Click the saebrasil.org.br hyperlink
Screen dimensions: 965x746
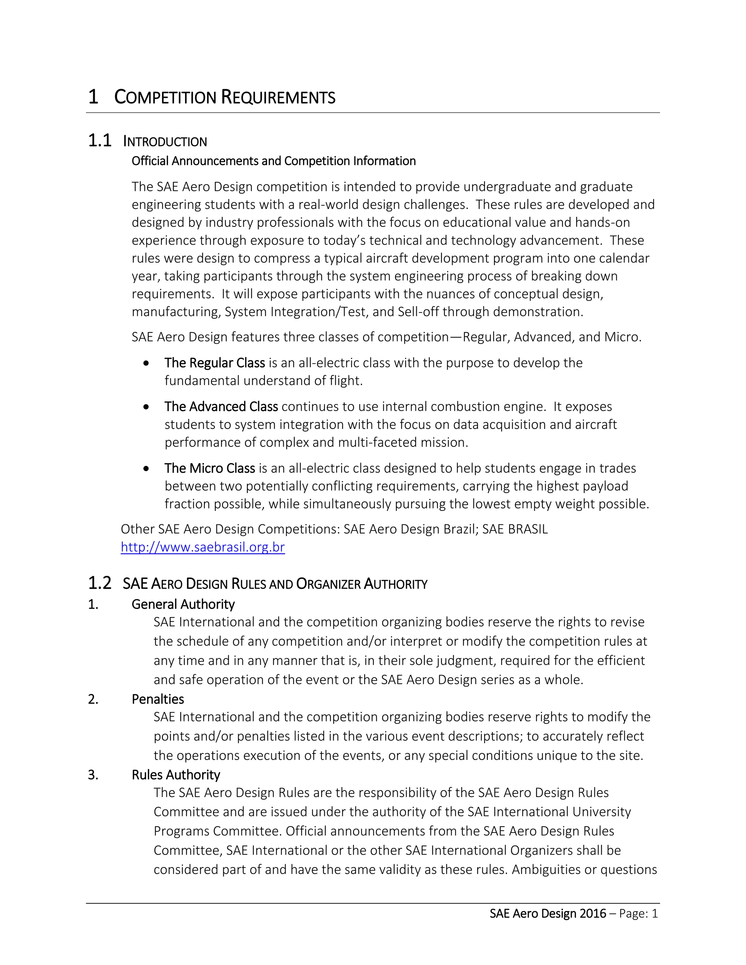pyautogui.click(x=203, y=547)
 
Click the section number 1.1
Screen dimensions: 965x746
pyautogui.click(x=99, y=141)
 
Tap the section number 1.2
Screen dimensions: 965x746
pyautogui.click(x=99, y=583)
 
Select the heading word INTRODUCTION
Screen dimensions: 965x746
pyautogui.click(x=165, y=142)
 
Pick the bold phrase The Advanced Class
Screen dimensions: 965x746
pyautogui.click(x=221, y=406)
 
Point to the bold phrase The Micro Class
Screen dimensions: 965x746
pyautogui.click(x=209, y=468)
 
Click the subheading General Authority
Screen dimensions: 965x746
pyautogui.click(x=183, y=604)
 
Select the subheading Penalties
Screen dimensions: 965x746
pyautogui.click(x=158, y=699)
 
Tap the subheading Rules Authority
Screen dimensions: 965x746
pyautogui.click(x=176, y=775)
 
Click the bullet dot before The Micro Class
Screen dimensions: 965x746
pyautogui.click(x=146, y=469)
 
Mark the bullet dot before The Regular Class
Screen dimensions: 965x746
pyautogui.click(x=146, y=363)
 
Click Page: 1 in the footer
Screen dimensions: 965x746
pyautogui.click(x=639, y=914)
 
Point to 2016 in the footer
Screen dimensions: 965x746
pyautogui.click(x=593, y=914)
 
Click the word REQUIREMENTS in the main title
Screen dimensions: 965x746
pyautogui.click(x=278, y=97)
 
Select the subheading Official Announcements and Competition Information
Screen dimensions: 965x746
pyautogui.click(x=274, y=161)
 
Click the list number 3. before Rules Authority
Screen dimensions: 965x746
pyautogui.click(x=93, y=775)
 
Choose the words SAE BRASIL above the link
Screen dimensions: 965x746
pyautogui.click(x=515, y=529)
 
